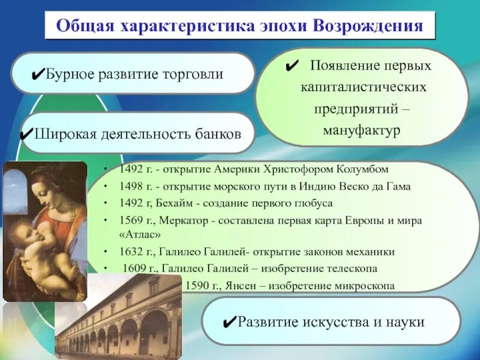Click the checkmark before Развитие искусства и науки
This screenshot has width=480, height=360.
click(x=227, y=323)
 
